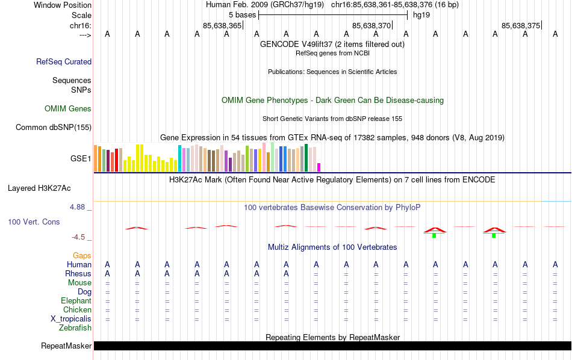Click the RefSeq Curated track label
64,61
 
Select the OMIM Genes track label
68,109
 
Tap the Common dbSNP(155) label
54,127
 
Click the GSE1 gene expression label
81,159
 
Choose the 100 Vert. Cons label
34,222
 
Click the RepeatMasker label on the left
66,346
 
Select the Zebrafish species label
75,328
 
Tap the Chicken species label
77,309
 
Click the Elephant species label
76,300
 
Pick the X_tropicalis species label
71,318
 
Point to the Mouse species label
79,282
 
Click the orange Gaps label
82,256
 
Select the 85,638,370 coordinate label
371,26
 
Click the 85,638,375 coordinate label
521,26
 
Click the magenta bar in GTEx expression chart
319,167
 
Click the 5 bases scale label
241,14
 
